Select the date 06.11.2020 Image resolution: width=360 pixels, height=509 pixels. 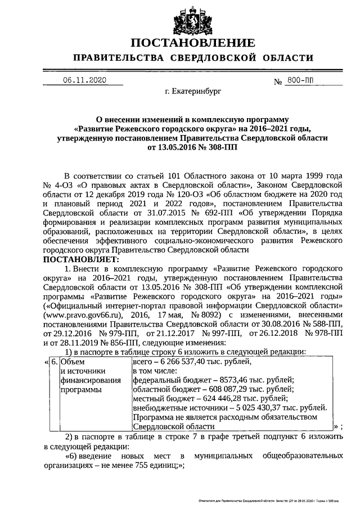(85, 80)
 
